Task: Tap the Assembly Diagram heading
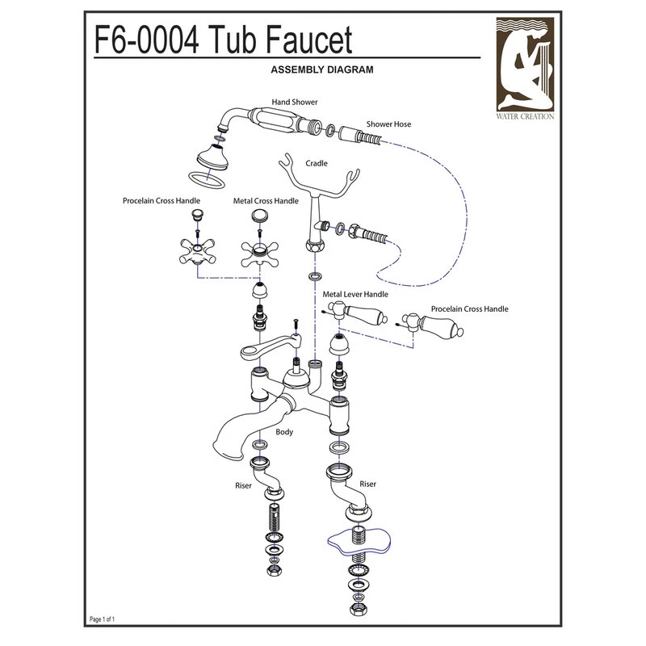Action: [x=322, y=70]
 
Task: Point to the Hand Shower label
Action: [x=294, y=103]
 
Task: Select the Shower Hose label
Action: [x=388, y=124]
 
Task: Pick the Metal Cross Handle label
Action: [x=266, y=200]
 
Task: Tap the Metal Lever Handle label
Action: [x=355, y=296]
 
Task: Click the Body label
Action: [x=283, y=432]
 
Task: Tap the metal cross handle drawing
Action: [x=258, y=252]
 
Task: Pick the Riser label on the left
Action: [x=243, y=486]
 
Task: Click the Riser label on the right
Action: [x=367, y=484]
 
